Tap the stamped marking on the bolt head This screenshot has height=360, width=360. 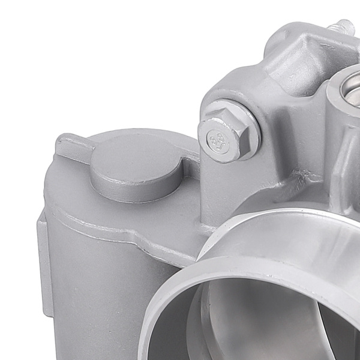(220, 144)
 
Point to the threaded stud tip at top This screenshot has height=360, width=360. (345, 26)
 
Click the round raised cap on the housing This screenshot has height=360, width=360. (136, 170)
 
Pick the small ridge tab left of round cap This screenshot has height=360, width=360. (73, 144)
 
